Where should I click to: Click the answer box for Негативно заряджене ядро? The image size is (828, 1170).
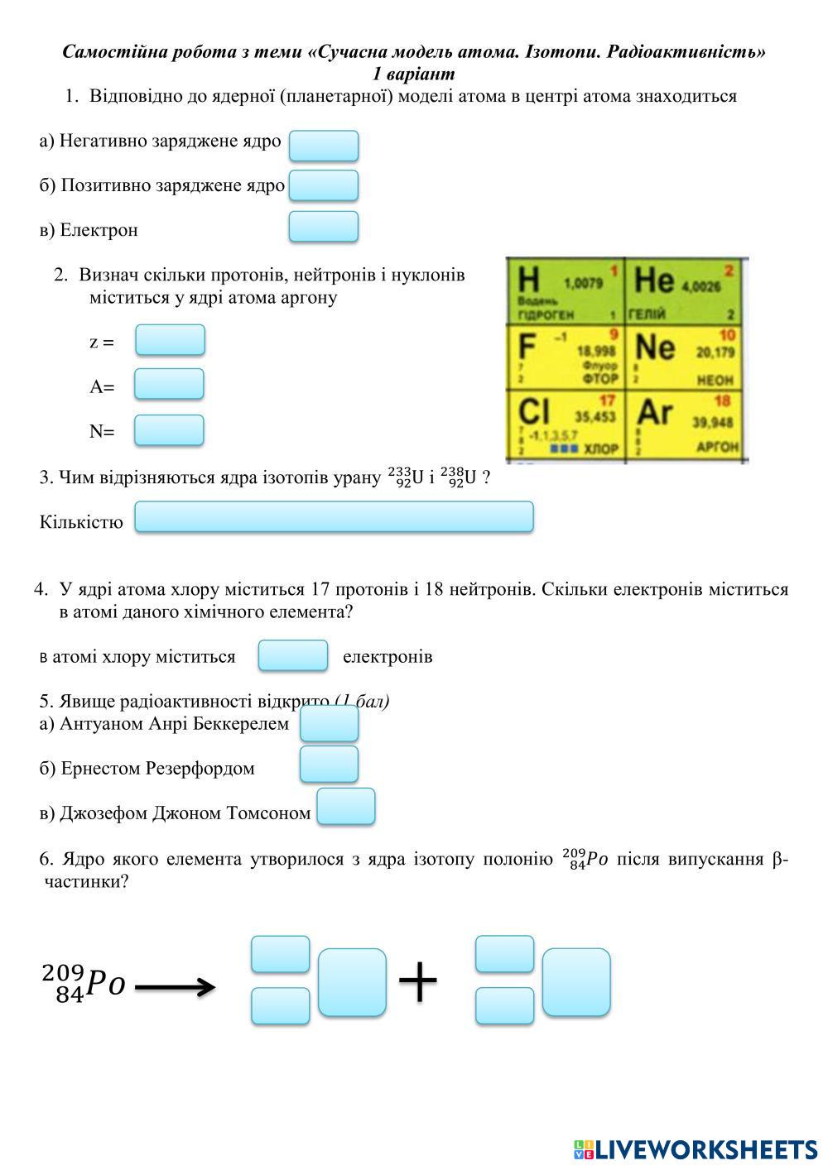point(323,146)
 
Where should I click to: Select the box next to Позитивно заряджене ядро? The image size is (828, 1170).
point(323,185)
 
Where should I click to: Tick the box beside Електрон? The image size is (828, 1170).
point(323,226)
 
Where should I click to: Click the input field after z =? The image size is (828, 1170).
point(170,340)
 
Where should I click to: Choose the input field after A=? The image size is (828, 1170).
point(169,384)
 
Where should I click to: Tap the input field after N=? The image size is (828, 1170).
point(169,430)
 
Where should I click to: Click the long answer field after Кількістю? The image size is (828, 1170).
point(334,516)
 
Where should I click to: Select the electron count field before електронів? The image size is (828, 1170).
point(293,655)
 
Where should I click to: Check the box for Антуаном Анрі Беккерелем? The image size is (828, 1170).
point(329,724)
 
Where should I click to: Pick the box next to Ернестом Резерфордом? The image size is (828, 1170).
point(329,764)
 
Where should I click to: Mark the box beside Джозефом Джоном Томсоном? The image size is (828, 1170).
point(346,806)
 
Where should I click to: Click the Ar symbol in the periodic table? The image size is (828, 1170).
point(654,412)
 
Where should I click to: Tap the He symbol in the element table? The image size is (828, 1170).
point(654,281)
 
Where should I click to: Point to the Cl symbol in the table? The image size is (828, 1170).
point(534,412)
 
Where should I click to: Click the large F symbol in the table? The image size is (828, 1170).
point(527,346)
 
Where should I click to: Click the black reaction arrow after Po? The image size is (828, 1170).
point(175,986)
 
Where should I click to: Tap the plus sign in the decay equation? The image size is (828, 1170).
point(417,982)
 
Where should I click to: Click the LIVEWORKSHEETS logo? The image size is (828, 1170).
point(695,1148)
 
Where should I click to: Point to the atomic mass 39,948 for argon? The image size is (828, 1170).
point(713,422)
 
